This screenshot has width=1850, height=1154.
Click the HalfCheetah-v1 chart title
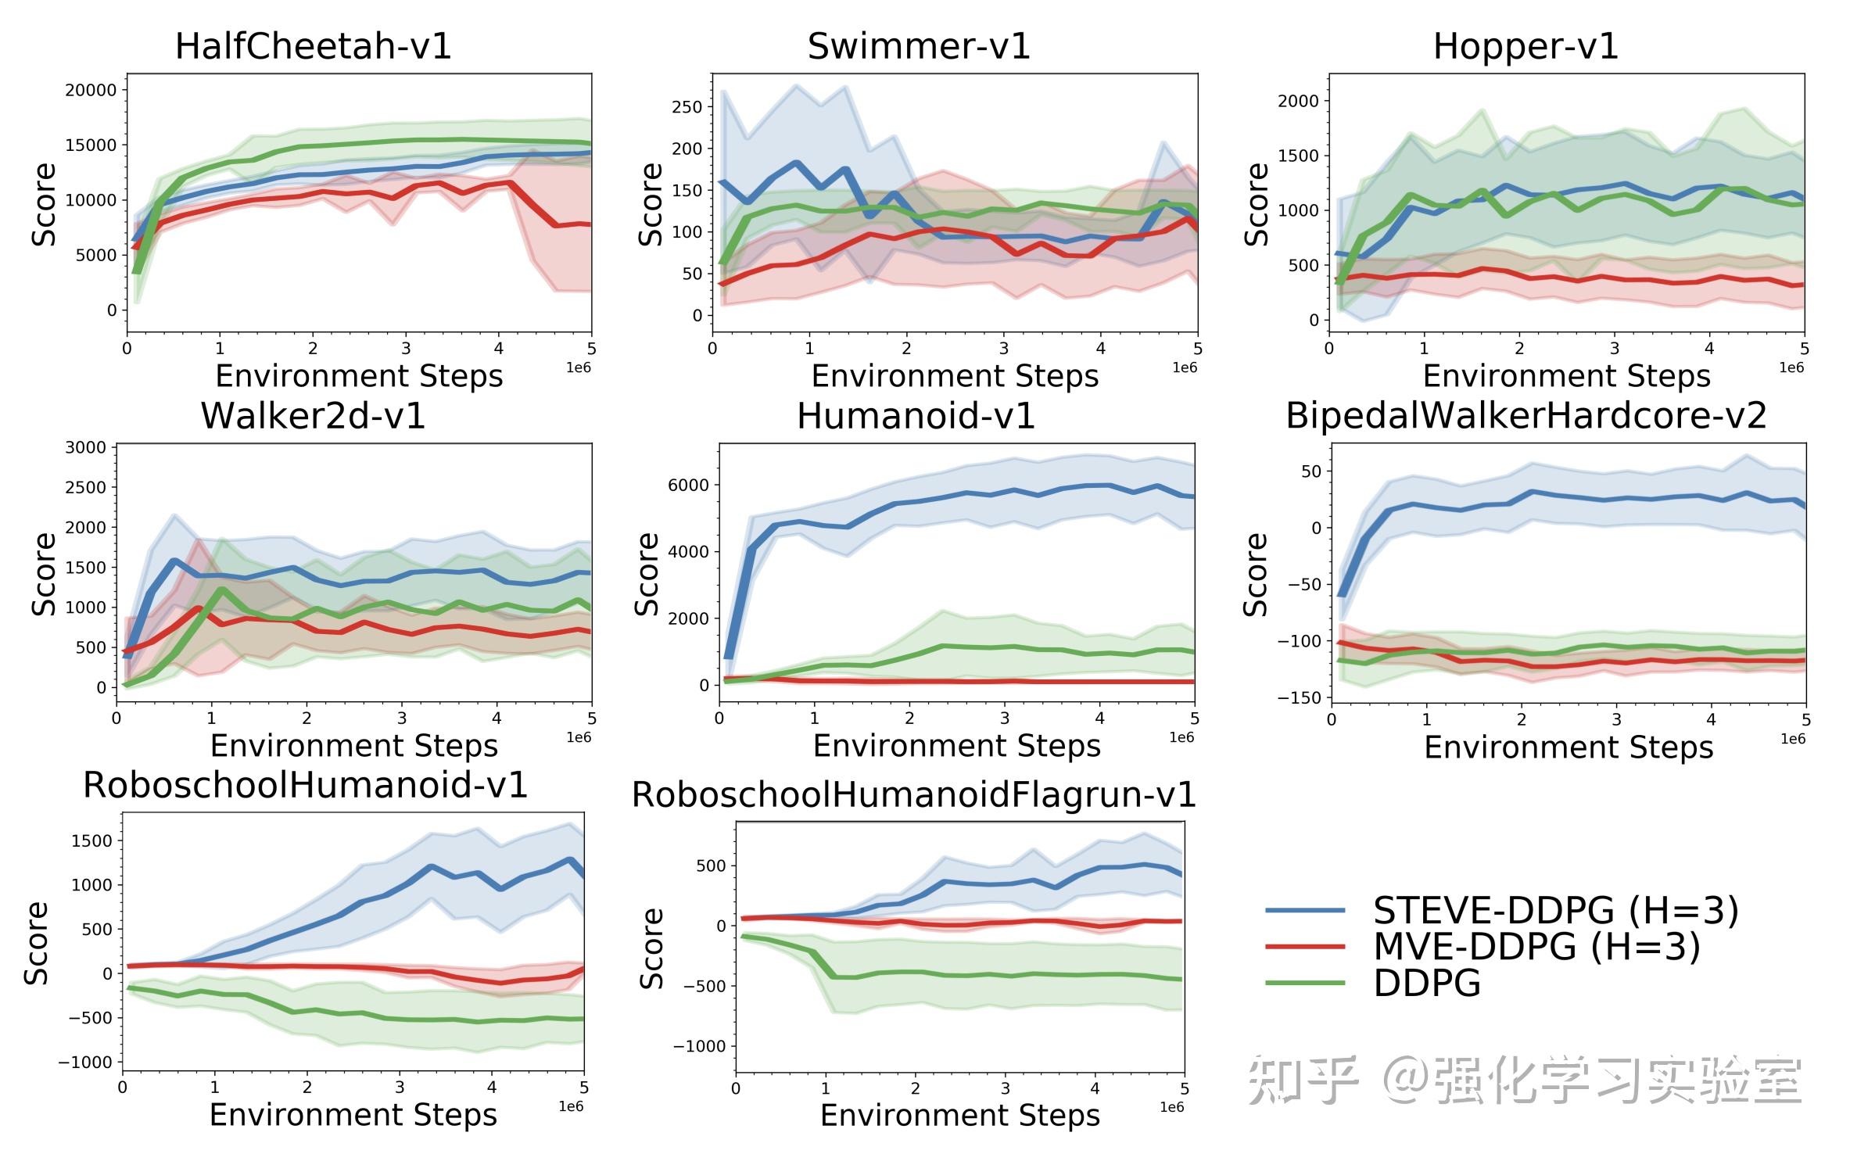click(x=313, y=46)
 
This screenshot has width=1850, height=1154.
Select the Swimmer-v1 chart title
click(x=919, y=46)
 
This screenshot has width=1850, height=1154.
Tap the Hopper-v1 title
click(x=1526, y=46)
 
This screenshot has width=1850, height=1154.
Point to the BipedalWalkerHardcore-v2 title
click(x=1526, y=416)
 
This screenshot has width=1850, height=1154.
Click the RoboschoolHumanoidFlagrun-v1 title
click(x=913, y=795)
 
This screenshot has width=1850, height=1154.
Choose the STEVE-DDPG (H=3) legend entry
click(x=1556, y=911)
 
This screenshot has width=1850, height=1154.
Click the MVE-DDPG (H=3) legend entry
click(x=1536, y=947)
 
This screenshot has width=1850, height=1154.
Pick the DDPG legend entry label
click(x=1427, y=983)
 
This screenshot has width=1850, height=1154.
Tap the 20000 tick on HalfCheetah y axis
click(x=91, y=90)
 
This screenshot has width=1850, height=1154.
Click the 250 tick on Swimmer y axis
click(x=687, y=107)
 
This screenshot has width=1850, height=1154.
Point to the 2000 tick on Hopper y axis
click(x=1298, y=101)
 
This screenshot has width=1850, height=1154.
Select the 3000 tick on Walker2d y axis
click(x=85, y=448)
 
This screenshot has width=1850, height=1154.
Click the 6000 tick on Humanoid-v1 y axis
click(x=688, y=486)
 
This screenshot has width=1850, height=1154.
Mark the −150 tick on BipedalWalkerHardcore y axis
click(x=1299, y=697)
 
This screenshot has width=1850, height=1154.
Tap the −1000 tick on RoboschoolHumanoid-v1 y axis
click(x=85, y=1063)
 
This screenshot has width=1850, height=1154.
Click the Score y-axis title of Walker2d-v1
click(x=44, y=575)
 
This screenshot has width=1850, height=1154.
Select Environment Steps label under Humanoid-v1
click(x=956, y=746)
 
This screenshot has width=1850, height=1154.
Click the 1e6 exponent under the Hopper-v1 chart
click(x=1791, y=367)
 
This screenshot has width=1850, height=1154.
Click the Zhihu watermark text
click(x=1525, y=1081)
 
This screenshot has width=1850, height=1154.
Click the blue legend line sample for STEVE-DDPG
click(x=1305, y=911)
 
